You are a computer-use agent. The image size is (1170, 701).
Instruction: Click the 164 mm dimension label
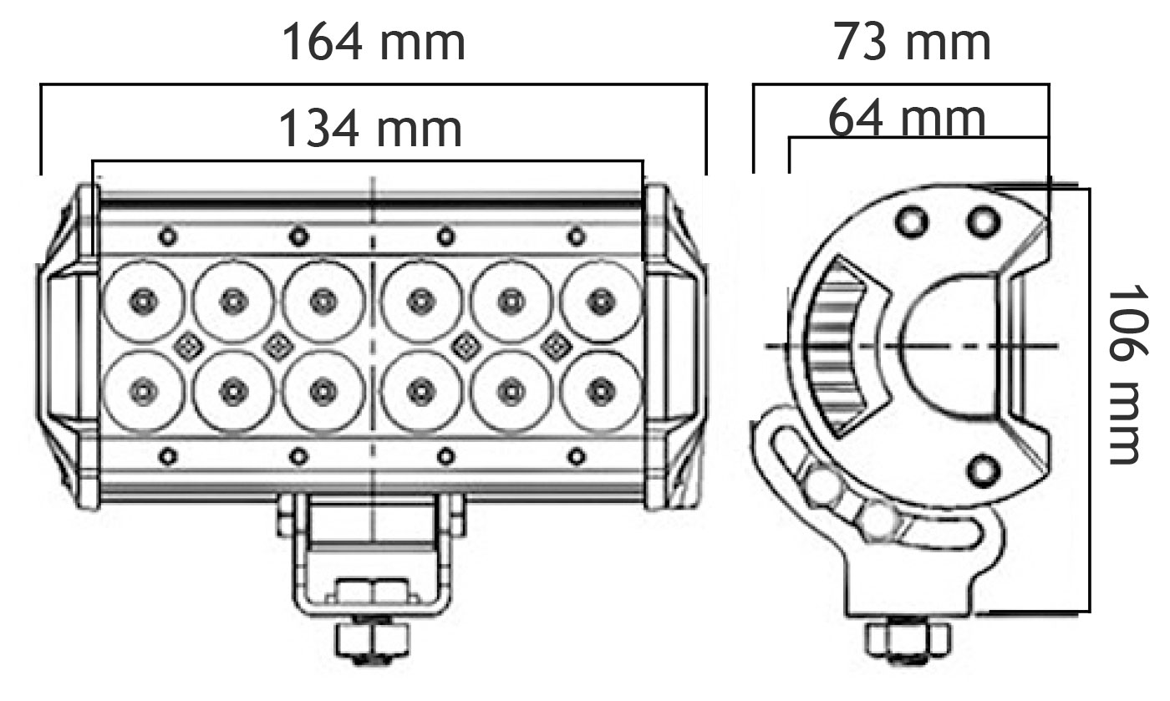374,42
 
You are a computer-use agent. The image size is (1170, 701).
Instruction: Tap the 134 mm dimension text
371,129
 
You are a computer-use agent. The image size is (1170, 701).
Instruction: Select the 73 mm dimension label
912,42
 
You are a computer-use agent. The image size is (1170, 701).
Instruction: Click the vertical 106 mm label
1128,374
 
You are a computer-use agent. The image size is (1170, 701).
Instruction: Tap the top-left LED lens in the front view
142,302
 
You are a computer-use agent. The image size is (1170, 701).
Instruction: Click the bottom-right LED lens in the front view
602,391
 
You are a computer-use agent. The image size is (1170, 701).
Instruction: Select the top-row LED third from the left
324,302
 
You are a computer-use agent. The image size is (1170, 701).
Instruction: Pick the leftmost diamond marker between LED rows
188,345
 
